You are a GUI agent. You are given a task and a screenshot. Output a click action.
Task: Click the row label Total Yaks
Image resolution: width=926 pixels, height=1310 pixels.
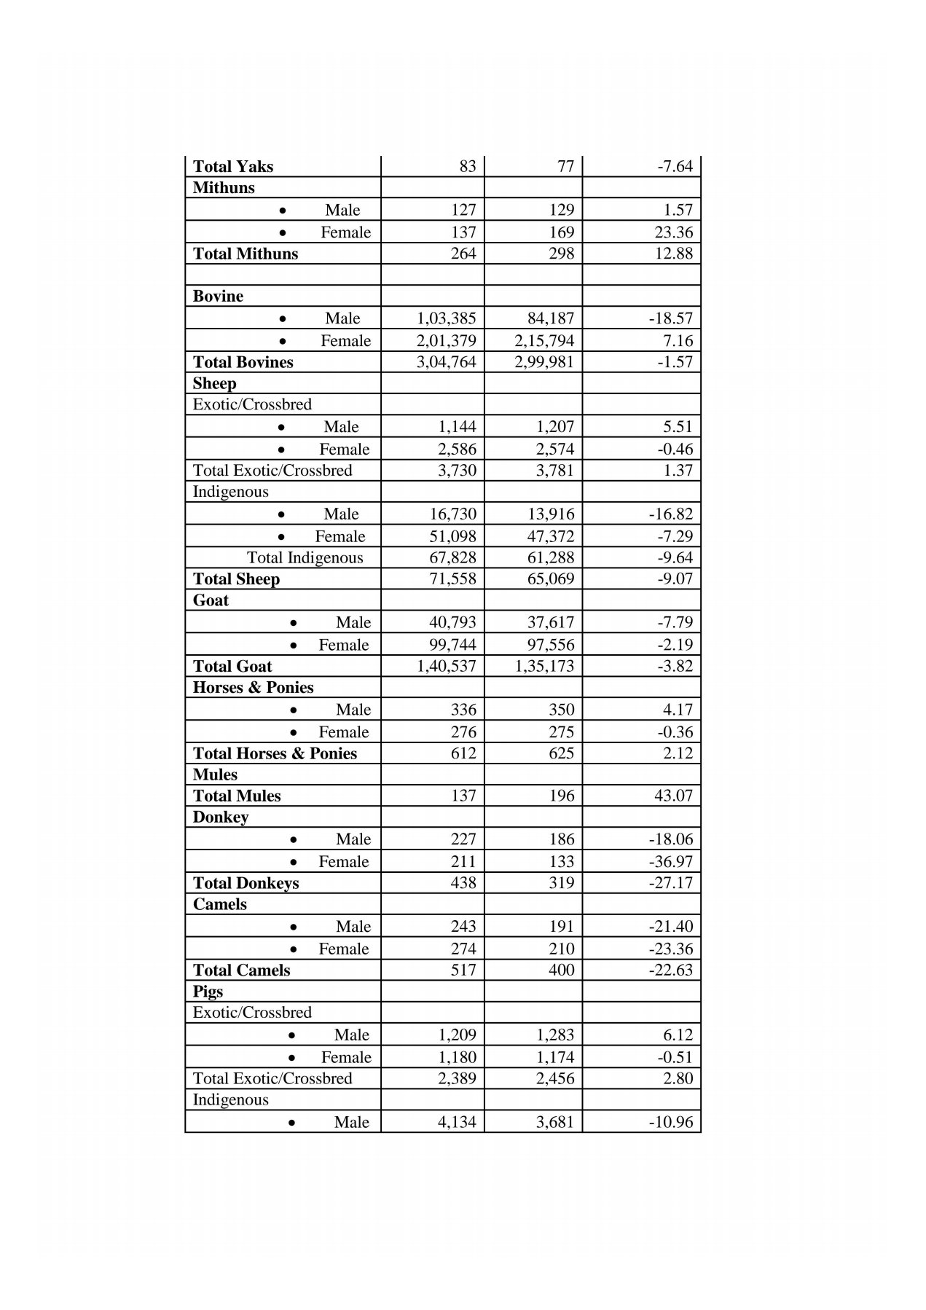coord(232,167)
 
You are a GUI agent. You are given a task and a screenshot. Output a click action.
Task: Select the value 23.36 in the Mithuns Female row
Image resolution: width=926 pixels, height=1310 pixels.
coord(674,232)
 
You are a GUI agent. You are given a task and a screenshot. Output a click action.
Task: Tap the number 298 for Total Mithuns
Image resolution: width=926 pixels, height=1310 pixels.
coord(561,254)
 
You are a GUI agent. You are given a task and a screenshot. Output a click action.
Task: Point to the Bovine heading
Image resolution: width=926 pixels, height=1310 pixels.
coord(218,297)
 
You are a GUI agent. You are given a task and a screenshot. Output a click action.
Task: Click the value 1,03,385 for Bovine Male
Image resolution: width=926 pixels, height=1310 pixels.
coord(446,318)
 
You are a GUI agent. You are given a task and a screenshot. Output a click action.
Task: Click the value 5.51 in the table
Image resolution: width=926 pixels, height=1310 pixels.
coord(678,427)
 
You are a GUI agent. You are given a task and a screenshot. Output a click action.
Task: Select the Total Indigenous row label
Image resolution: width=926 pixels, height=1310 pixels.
coord(305,558)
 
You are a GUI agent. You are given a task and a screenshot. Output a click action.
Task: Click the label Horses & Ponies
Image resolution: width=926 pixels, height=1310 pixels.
coord(253,688)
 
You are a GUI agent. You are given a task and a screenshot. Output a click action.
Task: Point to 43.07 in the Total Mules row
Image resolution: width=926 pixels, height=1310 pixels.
coord(673,796)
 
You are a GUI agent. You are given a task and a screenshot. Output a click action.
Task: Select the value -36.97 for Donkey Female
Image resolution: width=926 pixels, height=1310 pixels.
coord(670,861)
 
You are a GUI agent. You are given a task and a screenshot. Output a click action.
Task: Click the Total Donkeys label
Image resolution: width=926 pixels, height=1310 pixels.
coord(246,883)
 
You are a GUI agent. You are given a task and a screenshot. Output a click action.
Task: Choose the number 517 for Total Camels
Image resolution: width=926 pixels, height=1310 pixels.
coord(463,970)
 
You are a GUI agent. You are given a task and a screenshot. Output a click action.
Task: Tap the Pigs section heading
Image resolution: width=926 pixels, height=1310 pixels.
coord(208,992)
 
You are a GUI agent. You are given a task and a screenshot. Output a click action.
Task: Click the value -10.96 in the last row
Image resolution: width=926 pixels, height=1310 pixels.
coord(670,1122)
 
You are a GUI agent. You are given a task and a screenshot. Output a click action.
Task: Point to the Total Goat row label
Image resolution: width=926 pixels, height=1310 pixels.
coord(232,666)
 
